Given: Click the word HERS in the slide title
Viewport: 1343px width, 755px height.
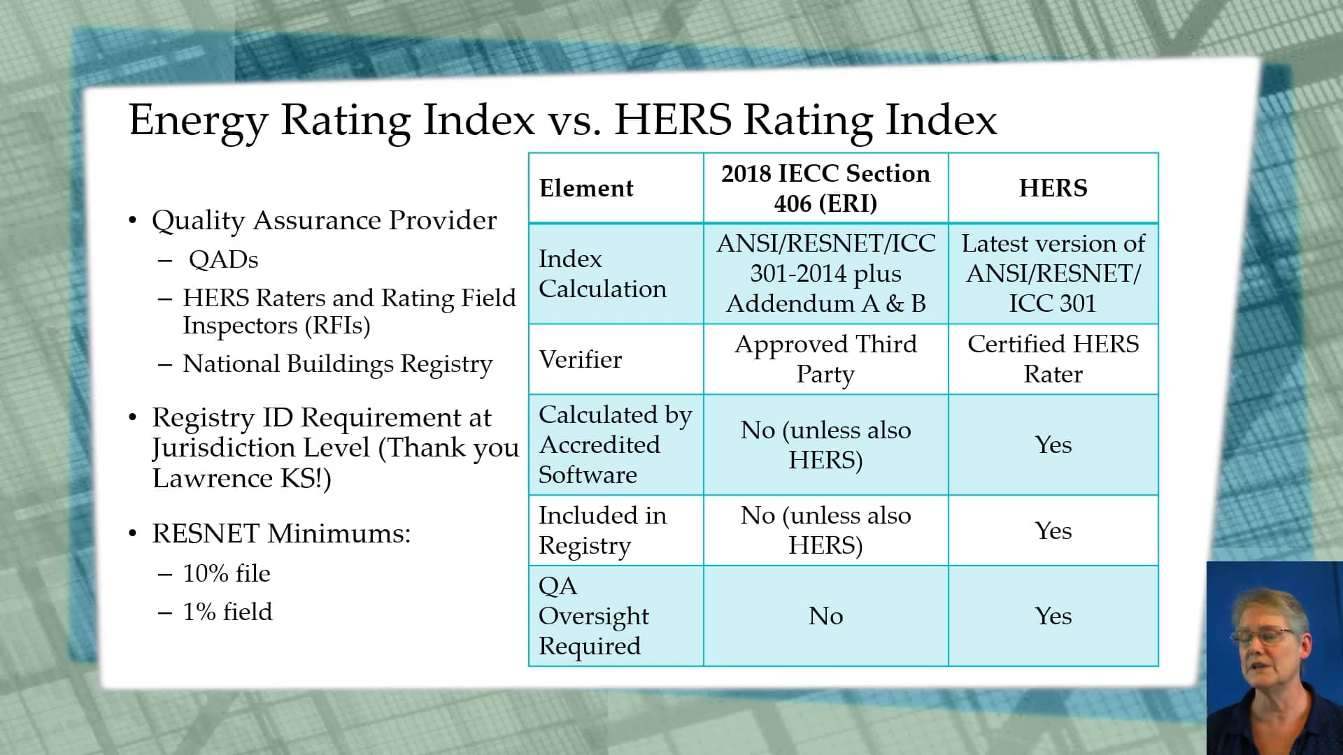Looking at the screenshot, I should click(672, 120).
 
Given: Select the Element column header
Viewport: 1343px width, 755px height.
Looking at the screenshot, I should click(586, 188).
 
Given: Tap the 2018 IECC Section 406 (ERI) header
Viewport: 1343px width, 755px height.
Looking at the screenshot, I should click(825, 188).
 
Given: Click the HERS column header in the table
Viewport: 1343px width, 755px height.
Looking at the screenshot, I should click(1053, 188).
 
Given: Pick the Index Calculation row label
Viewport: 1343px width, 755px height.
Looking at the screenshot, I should click(602, 273).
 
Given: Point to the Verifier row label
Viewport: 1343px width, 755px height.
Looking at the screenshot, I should click(580, 359).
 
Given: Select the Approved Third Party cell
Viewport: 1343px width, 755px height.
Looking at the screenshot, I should click(825, 359).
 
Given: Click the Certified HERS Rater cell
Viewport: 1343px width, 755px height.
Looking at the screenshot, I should click(1053, 359).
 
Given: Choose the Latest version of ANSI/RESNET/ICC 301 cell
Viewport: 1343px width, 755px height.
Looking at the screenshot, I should click(1053, 273).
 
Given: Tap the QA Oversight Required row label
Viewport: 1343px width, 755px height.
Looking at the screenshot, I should click(593, 615).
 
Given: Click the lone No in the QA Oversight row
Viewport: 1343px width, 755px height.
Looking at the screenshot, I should click(825, 616).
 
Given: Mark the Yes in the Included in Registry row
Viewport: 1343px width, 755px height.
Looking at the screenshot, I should click(1053, 531).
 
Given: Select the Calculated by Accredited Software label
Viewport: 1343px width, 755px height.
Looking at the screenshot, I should click(614, 445).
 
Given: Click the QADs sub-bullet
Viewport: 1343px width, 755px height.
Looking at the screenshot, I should click(223, 260).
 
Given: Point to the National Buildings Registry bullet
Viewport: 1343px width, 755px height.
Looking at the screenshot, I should click(337, 364).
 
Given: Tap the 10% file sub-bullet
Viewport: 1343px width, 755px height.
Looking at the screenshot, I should click(226, 574).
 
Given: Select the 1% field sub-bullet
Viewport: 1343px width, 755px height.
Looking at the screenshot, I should click(227, 612).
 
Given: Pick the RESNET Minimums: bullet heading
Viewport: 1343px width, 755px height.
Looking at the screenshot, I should click(281, 534).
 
